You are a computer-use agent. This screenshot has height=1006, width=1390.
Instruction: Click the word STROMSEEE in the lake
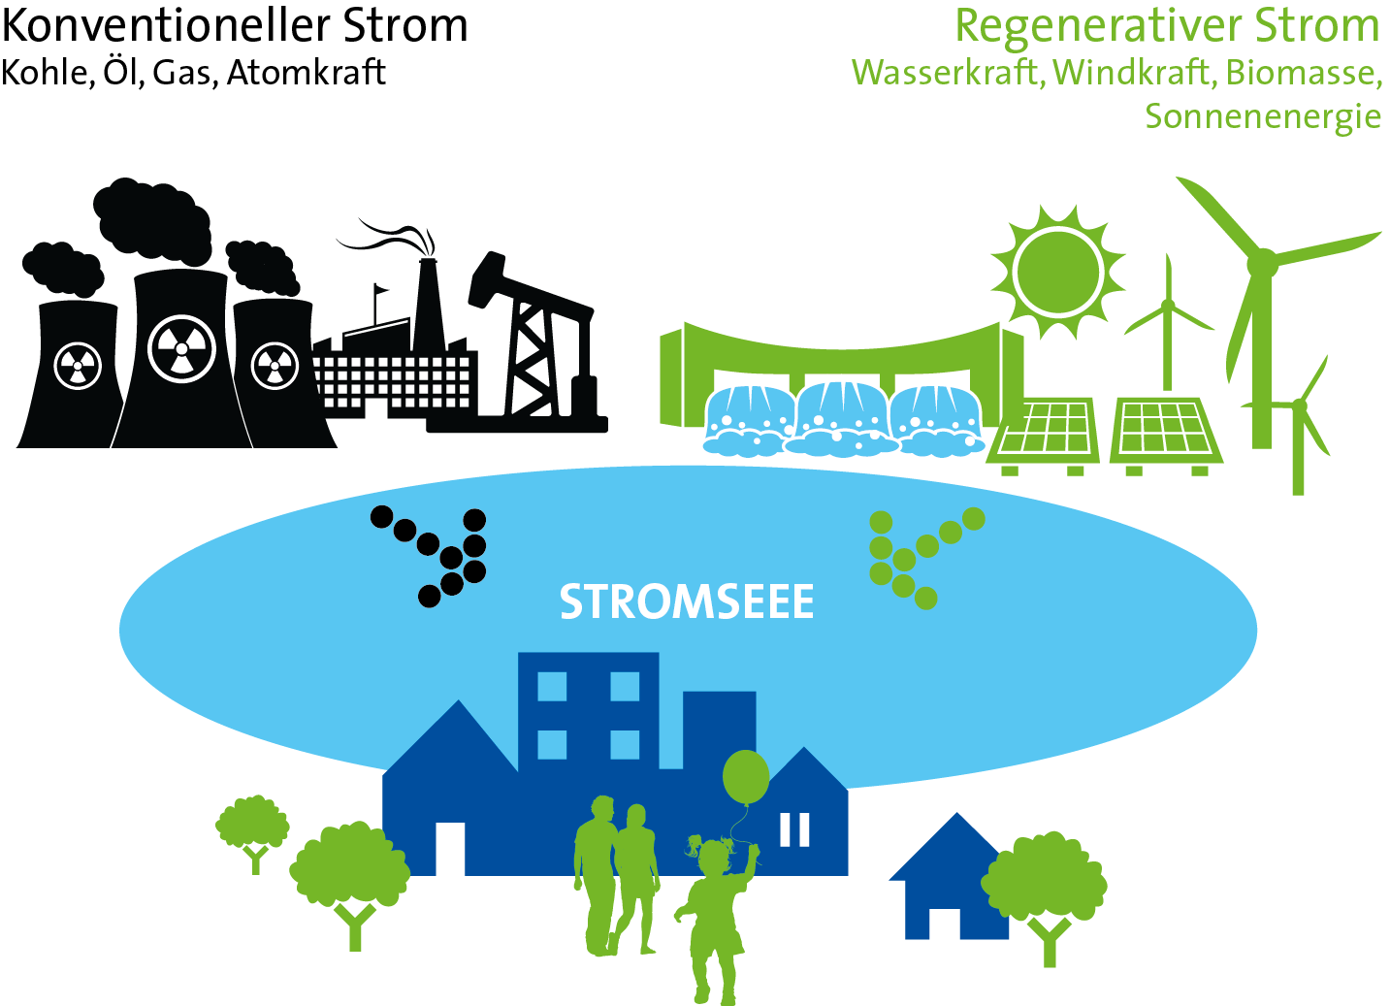click(686, 602)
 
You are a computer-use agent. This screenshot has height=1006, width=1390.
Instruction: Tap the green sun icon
click(1057, 271)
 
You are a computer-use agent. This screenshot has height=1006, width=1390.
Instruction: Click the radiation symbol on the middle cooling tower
click(181, 347)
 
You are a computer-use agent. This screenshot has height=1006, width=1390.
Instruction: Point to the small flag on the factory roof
click(379, 290)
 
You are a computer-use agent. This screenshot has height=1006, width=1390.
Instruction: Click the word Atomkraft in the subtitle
click(306, 73)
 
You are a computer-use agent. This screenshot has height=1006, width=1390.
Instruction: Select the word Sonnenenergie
click(1263, 116)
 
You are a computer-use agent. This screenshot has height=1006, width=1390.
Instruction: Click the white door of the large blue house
click(449, 848)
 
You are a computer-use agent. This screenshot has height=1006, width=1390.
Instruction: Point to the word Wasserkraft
click(947, 73)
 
